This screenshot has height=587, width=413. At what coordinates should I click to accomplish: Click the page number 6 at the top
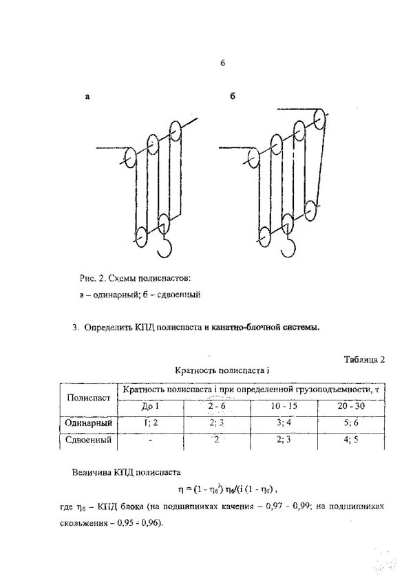[x=222, y=63]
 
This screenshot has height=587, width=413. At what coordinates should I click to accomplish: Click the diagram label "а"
[x=87, y=97]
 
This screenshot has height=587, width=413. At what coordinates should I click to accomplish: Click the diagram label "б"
[x=233, y=96]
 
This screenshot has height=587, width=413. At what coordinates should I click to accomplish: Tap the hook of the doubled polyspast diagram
[x=288, y=247]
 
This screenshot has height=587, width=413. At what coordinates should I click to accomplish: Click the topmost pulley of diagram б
[x=319, y=118]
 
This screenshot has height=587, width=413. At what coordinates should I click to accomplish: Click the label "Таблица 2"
[x=364, y=360]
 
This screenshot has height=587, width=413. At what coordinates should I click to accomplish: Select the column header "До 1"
[x=150, y=406]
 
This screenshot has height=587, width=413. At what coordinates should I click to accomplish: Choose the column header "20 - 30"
[x=351, y=406]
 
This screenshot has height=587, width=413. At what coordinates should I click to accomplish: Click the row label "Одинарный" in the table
[x=88, y=423]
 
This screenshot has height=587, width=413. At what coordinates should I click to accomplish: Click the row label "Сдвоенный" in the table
[x=88, y=440]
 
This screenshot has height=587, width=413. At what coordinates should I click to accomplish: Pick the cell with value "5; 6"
[x=350, y=423]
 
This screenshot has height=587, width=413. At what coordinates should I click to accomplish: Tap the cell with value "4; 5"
[x=350, y=439]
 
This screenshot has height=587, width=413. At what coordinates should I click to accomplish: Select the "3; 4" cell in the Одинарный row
[x=284, y=423]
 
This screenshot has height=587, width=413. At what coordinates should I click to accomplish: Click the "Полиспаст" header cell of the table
[x=88, y=398]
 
